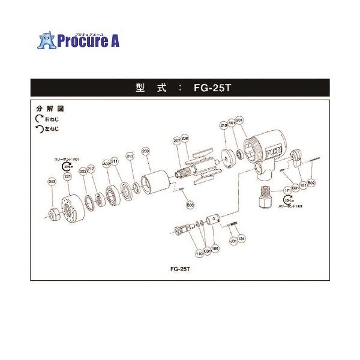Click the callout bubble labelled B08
190,205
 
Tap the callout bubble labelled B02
311,182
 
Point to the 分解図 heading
50,110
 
